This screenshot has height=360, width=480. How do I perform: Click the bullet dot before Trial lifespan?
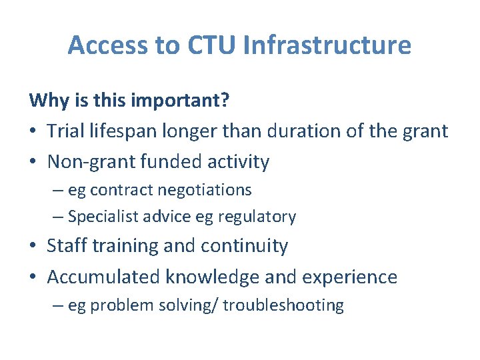(x=33, y=132)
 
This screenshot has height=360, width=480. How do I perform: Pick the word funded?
(x=164, y=162)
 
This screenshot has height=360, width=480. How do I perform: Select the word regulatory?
(x=263, y=217)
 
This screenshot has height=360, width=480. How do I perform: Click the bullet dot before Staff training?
(x=33, y=247)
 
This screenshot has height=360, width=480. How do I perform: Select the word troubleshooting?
(x=283, y=305)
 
